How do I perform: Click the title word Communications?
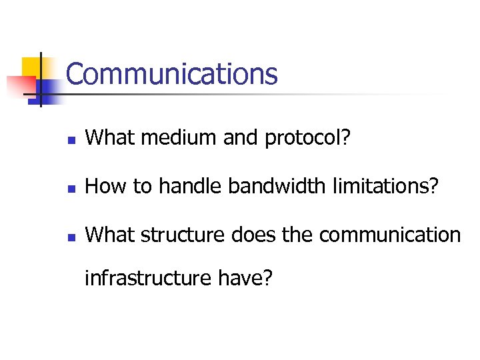[171, 73]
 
